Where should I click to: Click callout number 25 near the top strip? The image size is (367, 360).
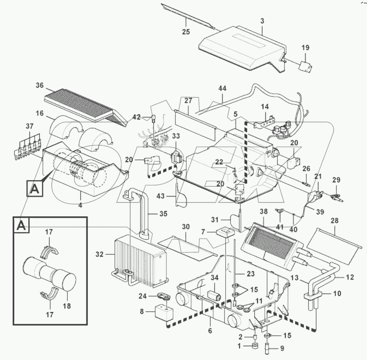coord(186,32)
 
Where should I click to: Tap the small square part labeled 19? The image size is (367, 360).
coord(304,66)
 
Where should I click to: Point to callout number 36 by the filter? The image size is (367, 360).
coord(39,86)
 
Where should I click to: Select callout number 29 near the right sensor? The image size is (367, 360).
coord(336,180)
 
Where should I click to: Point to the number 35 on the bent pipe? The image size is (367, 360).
coord(163,213)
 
